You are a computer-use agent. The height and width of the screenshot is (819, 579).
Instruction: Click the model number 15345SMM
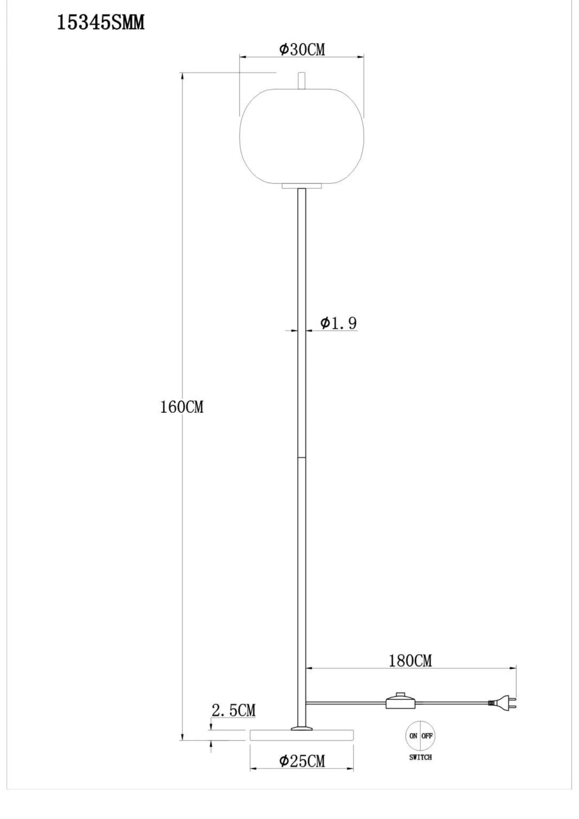101,23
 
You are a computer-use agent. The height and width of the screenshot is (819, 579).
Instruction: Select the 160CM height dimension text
182,407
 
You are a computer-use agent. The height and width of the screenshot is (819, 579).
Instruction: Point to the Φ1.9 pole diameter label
338,323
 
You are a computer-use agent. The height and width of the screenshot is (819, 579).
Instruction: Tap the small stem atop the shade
302,80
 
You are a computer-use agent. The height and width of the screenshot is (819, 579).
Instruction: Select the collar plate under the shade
302,186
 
